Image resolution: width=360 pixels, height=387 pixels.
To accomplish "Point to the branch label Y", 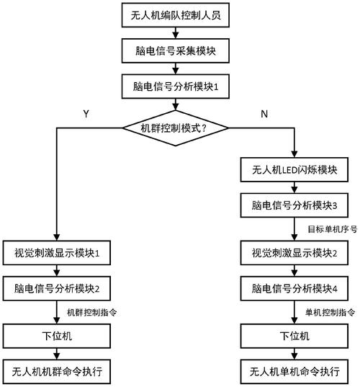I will pyautogui.click(x=86, y=113).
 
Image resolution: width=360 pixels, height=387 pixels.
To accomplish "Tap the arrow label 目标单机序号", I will pyautogui.click(x=328, y=229).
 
